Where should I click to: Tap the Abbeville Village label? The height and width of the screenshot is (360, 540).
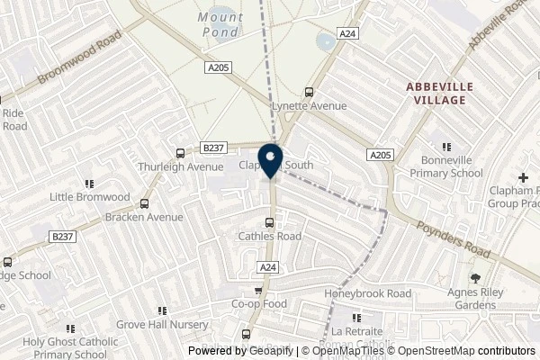point(436,92)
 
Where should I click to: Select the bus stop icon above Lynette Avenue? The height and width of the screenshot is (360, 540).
point(310,92)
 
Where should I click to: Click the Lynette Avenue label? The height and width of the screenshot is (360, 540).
point(310,106)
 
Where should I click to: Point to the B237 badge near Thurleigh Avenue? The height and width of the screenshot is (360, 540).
point(213,148)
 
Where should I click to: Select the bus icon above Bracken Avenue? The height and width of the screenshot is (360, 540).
point(144,203)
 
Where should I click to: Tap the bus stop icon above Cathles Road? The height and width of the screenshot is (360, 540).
point(269,223)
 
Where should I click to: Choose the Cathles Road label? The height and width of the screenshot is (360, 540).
point(269,237)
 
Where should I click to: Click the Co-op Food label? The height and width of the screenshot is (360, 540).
point(259,304)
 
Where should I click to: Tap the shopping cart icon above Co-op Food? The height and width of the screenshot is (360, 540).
point(259,291)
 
